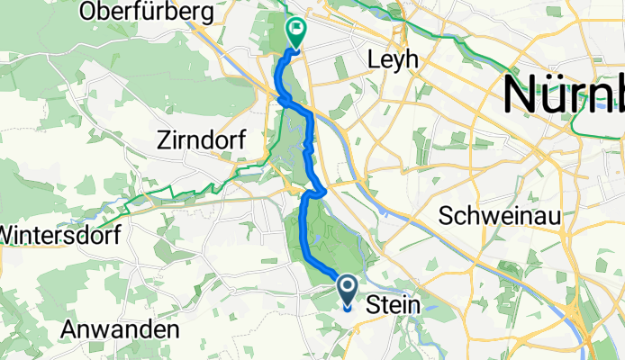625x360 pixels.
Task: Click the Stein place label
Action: [394, 306]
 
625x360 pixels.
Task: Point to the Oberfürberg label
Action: [146, 13]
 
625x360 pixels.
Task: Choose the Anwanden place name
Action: [119, 330]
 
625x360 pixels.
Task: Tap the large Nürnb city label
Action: [564, 94]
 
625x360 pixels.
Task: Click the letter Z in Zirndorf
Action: [163, 140]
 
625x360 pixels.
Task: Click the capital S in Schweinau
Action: [446, 216]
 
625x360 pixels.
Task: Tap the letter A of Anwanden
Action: [68, 330]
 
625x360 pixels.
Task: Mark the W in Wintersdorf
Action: [7, 234]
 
